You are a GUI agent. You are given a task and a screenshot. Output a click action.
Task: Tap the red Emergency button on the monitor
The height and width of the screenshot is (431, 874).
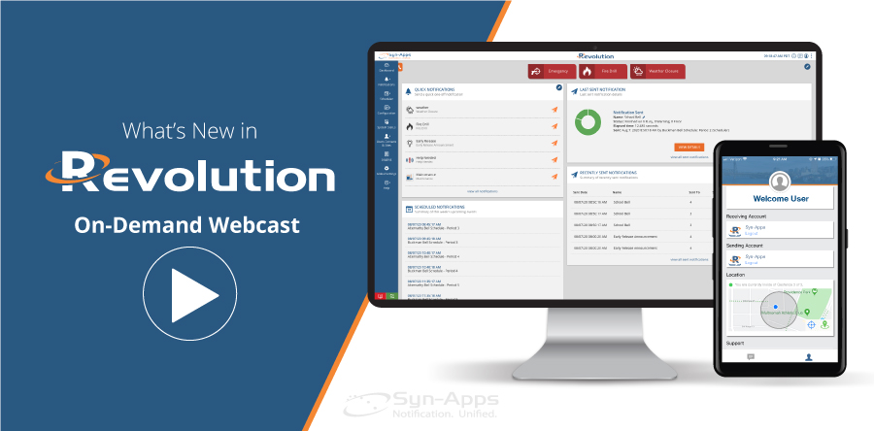[551, 71]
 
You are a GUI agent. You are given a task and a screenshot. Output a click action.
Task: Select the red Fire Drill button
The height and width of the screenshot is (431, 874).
[600, 71]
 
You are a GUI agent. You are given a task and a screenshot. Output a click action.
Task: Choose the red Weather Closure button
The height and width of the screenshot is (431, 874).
[656, 71]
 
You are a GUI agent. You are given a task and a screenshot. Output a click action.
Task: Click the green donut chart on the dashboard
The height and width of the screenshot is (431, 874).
[588, 123]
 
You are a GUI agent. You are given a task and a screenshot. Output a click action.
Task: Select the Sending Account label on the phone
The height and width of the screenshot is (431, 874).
[748, 247]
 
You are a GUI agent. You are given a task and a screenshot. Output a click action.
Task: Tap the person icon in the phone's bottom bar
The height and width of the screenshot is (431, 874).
[808, 357]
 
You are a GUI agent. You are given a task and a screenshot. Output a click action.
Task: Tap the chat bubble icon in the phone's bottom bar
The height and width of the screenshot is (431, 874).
[750, 357]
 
